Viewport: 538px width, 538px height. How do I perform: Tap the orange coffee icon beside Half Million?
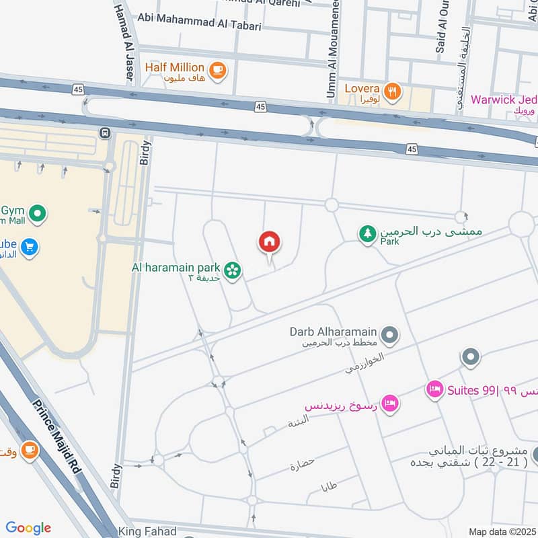point(217,70)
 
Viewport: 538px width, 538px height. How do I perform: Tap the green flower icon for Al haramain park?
point(233,270)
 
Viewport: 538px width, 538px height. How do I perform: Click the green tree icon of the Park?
point(367,233)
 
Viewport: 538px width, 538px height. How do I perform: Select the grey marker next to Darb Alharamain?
point(389,334)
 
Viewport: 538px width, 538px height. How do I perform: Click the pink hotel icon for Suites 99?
point(435,389)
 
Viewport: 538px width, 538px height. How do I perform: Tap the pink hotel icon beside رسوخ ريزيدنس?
point(389,403)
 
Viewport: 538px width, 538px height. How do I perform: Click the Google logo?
point(28,528)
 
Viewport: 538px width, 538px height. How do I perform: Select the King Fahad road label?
point(147,531)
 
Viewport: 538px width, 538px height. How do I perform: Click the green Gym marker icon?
point(38,215)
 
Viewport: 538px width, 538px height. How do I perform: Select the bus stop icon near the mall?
point(105,132)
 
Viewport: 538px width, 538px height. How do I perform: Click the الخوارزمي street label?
point(358,364)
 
